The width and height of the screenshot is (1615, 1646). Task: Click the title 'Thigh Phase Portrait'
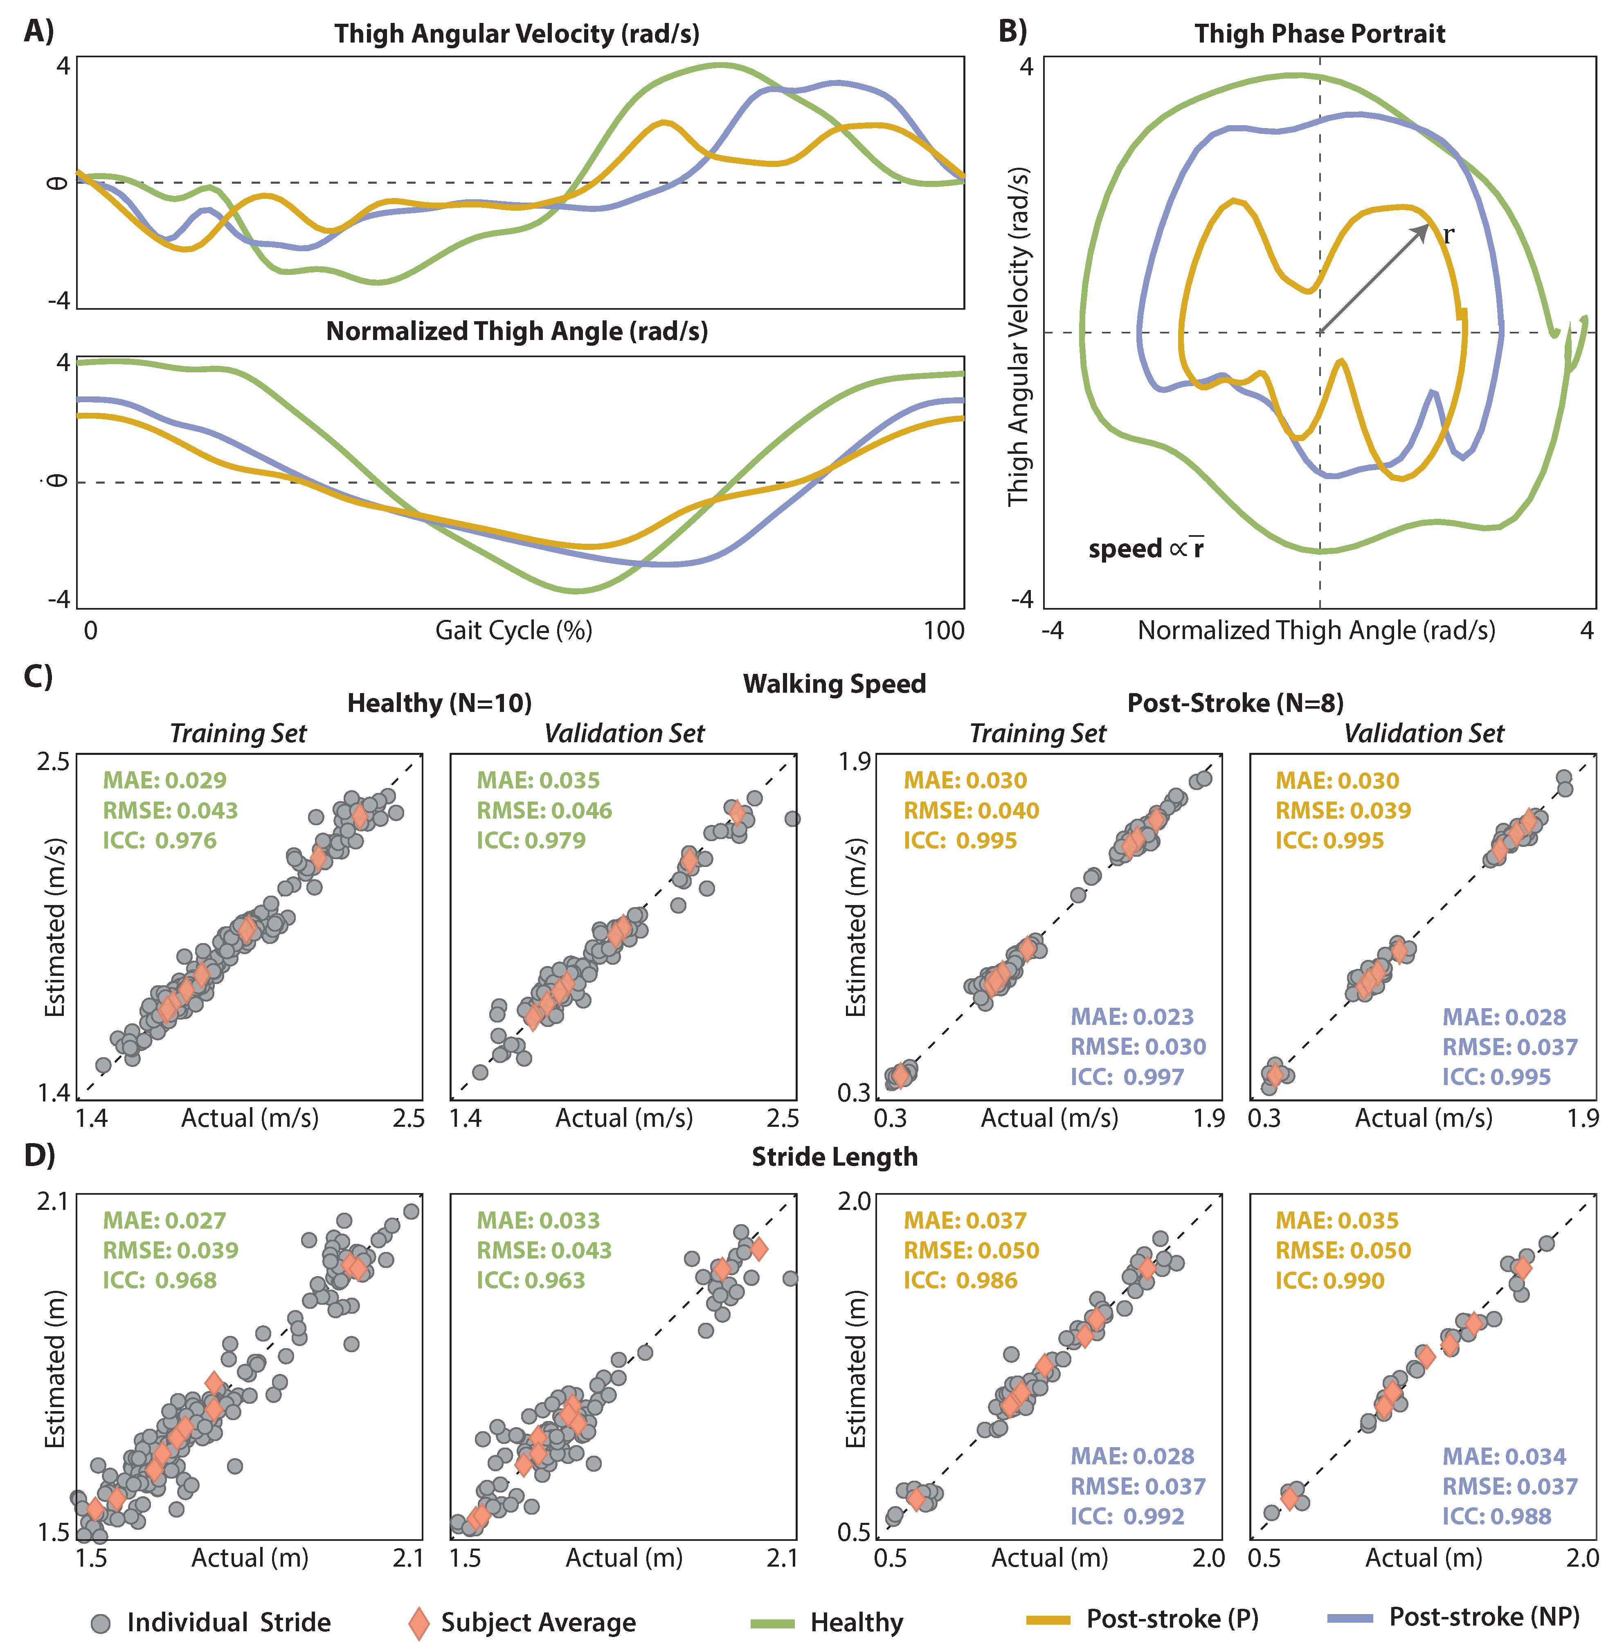(1319, 34)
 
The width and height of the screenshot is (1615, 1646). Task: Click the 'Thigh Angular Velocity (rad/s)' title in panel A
(517, 34)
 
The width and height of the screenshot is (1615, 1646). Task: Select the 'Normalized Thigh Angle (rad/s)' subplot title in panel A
(517, 331)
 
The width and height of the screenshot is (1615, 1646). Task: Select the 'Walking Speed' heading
(834, 684)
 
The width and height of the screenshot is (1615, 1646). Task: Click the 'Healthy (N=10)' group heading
(439, 703)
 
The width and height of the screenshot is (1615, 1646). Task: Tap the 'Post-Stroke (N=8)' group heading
(1235, 703)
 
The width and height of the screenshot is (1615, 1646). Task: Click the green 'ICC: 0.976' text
(160, 841)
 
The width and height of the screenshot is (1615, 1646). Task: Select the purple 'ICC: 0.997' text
(1127, 1077)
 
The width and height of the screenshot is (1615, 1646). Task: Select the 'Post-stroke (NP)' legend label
(1484, 1617)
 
